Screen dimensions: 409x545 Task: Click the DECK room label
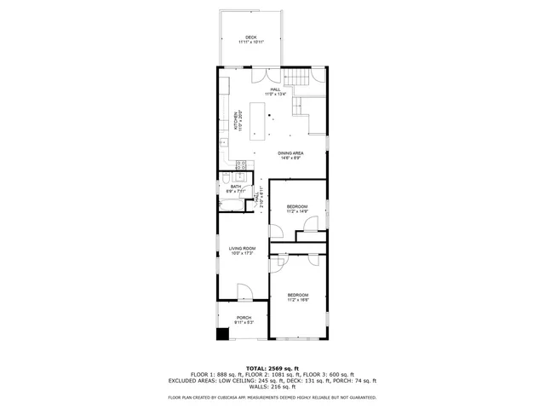pos(251,37)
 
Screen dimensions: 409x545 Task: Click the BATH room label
pos(235,187)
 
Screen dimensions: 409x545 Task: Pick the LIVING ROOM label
pos(242,248)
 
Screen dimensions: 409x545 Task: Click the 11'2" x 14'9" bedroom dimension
pos(297,212)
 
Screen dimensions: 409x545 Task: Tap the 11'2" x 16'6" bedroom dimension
pos(297,300)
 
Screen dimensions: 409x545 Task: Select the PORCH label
pos(244,318)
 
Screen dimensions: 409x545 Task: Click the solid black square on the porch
pos(223,334)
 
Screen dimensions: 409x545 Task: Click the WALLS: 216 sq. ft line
pos(272,387)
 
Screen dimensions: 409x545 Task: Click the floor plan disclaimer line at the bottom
pos(272,397)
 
